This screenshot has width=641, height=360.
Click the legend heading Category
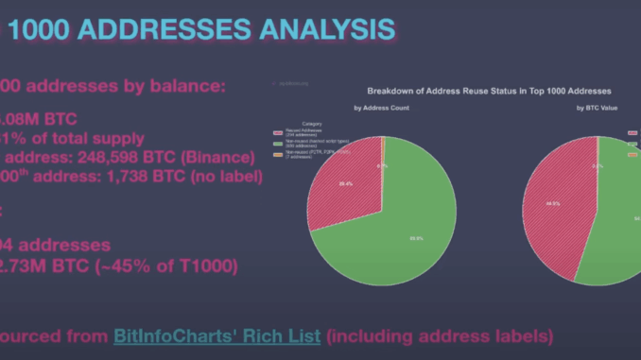312,124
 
